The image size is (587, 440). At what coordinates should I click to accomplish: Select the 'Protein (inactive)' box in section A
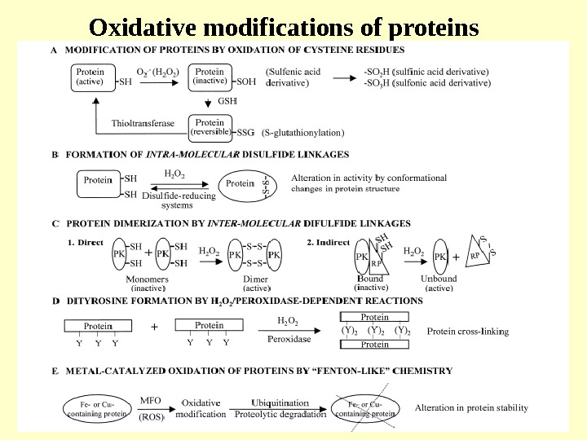210,77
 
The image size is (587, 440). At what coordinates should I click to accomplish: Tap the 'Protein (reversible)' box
210,127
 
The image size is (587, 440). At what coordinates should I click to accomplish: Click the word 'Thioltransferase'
143,124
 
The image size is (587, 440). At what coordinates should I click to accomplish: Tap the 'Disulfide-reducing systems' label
179,200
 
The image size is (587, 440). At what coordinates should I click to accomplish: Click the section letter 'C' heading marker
55,222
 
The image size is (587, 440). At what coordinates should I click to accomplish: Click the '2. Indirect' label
328,242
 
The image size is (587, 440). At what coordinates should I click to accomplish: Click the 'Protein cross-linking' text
468,332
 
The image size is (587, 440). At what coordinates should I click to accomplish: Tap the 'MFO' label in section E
151,400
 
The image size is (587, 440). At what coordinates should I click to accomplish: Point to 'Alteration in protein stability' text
471,408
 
